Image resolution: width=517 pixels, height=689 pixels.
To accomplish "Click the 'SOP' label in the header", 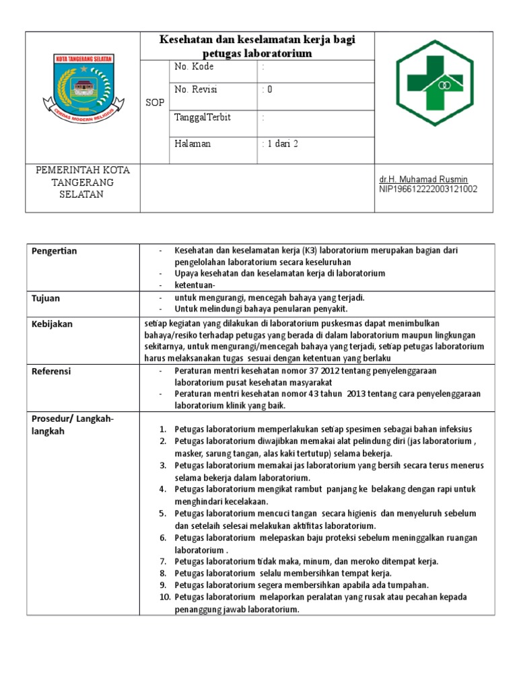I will tap(155, 102).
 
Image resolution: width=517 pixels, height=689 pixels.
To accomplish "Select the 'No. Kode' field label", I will tap(194, 67).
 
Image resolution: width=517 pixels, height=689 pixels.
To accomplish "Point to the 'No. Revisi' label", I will tap(196, 89).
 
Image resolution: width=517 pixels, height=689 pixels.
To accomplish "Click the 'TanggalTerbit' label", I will tap(202, 117).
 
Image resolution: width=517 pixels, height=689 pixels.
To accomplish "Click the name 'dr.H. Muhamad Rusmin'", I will tap(423, 180).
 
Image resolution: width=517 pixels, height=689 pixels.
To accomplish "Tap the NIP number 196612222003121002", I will tap(428, 189).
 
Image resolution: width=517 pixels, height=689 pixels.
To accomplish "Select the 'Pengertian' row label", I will tap(55, 251).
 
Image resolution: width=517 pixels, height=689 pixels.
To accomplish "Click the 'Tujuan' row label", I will tap(46, 297).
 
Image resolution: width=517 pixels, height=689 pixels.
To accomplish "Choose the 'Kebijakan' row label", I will tap(52, 324).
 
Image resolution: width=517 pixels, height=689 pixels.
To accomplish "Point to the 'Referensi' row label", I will tap(51, 371).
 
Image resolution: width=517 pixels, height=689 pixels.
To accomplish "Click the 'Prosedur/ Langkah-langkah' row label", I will tap(73, 425).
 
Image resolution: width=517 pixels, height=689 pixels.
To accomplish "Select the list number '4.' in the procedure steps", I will tap(162, 489).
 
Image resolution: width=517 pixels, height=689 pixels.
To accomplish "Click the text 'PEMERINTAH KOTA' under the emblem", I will tap(83, 170).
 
